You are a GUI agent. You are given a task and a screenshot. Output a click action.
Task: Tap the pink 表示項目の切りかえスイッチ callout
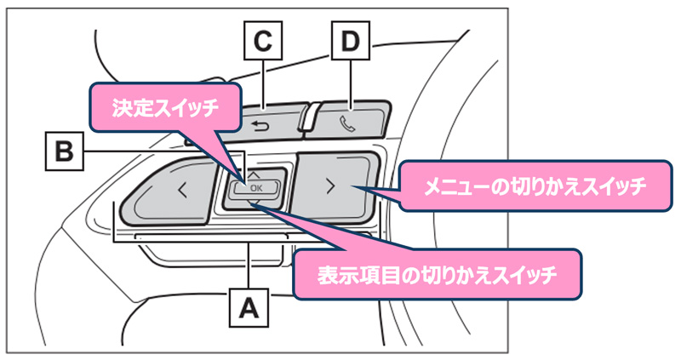coord(437,274)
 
